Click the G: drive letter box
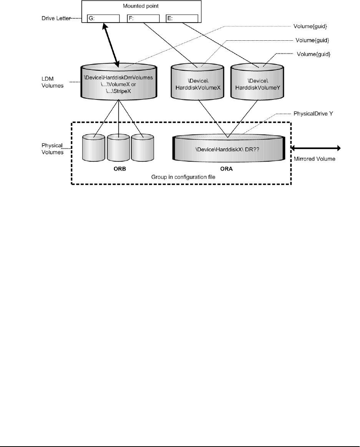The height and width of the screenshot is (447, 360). (103, 19)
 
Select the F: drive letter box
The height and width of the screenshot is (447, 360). (143, 19)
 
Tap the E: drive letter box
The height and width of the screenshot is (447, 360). (182, 19)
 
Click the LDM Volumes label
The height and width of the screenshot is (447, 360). (51, 81)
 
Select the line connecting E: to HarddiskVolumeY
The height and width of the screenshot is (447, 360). (223, 42)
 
